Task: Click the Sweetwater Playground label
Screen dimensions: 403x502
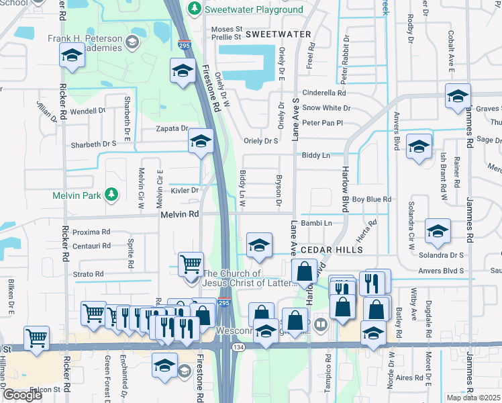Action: coord(254,9)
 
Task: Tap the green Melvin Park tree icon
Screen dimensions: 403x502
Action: coord(113,195)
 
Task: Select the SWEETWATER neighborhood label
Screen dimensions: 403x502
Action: coord(278,34)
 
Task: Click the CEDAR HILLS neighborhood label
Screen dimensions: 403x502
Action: coord(332,249)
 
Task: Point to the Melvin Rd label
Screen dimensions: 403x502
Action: coord(180,214)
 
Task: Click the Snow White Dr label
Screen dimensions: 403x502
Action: coord(326,107)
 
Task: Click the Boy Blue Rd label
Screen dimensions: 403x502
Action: coord(371,199)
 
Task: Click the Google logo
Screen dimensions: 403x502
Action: coord(22,395)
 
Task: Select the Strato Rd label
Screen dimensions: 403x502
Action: coord(88,274)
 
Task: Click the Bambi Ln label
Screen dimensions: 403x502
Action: coord(317,222)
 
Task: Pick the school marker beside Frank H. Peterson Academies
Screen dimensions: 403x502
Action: coord(71,57)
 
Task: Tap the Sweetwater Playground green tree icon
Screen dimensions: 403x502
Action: coord(194,8)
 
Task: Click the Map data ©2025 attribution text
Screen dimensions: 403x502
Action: coord(473,398)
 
